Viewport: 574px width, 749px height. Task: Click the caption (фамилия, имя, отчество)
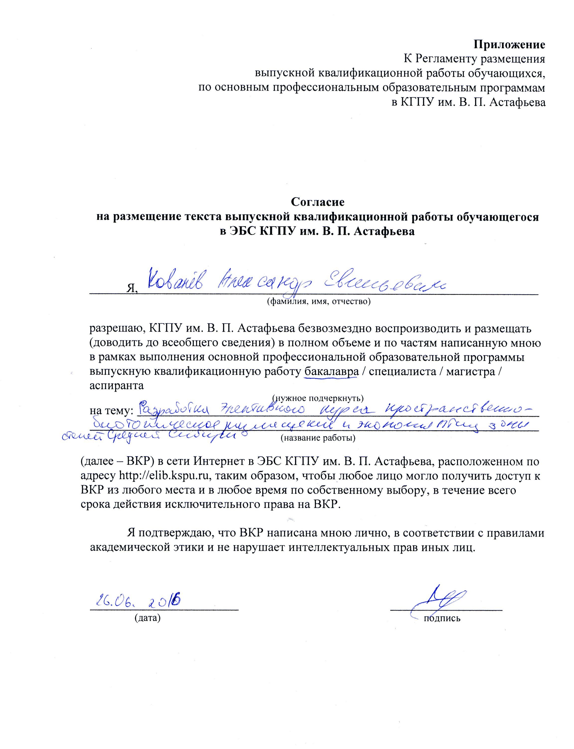pos(319,301)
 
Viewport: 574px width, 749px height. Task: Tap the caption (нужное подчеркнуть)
pos(318,398)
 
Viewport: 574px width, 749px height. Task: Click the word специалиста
pos(398,372)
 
